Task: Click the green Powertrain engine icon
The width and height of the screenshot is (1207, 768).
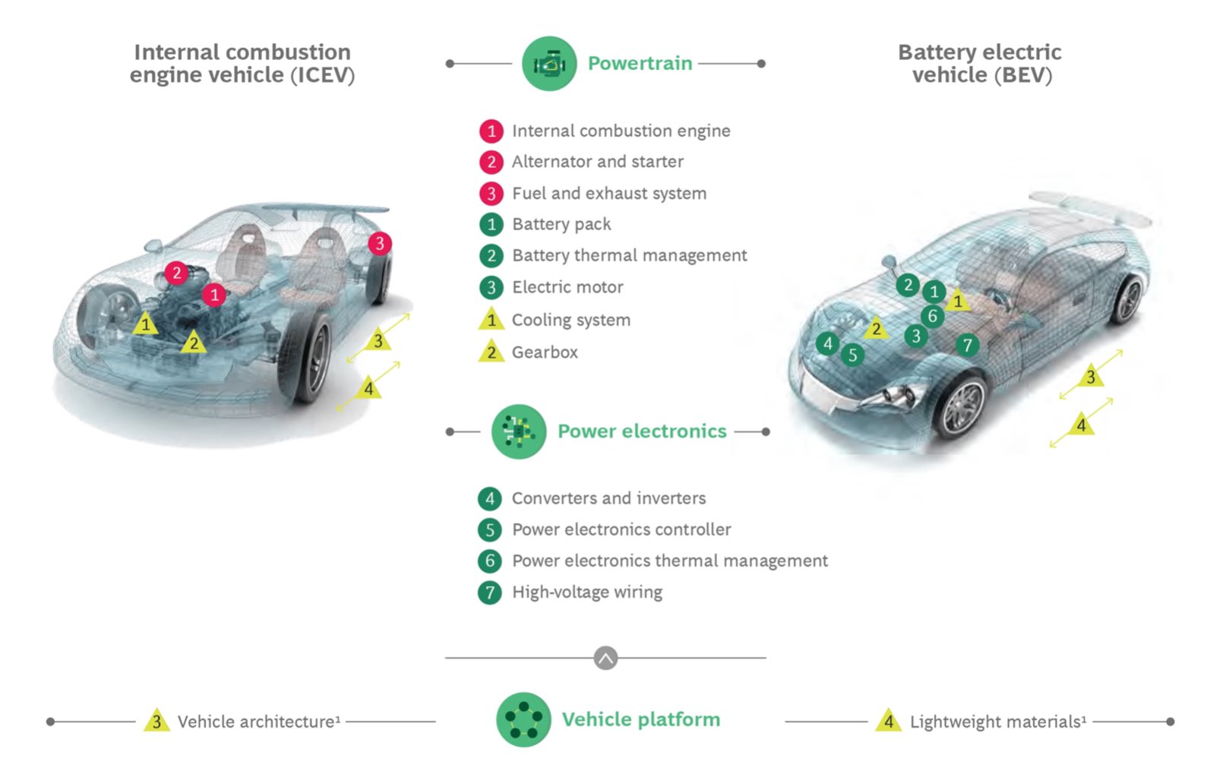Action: pos(549,64)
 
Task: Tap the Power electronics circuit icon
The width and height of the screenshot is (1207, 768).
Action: pos(519,431)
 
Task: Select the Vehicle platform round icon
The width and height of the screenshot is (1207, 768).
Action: pos(523,719)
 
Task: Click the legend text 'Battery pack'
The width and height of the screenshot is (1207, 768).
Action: pos(561,224)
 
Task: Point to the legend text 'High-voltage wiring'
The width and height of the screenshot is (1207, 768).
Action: pos(586,592)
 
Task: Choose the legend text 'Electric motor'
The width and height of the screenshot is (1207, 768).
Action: pos(567,287)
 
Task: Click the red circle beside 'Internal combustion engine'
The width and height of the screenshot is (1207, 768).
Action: pos(491,131)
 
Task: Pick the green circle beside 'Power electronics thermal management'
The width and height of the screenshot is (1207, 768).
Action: pos(490,561)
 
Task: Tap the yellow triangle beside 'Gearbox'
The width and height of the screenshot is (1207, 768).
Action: pos(491,352)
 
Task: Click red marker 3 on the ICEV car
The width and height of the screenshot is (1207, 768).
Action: pos(380,243)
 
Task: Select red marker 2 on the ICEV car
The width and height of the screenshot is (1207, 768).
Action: pos(176,273)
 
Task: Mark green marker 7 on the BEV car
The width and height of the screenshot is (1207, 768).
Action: pos(967,346)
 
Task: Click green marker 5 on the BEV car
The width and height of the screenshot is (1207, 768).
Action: pos(852,355)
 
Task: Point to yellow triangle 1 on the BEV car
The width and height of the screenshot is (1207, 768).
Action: pos(957,302)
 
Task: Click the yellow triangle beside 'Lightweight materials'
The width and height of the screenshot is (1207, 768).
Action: pos(888,721)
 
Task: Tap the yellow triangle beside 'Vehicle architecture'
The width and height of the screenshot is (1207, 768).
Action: pos(156,721)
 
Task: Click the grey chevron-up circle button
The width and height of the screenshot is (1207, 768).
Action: pos(605,658)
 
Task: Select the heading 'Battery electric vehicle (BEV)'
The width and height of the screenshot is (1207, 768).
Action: pos(980,63)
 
